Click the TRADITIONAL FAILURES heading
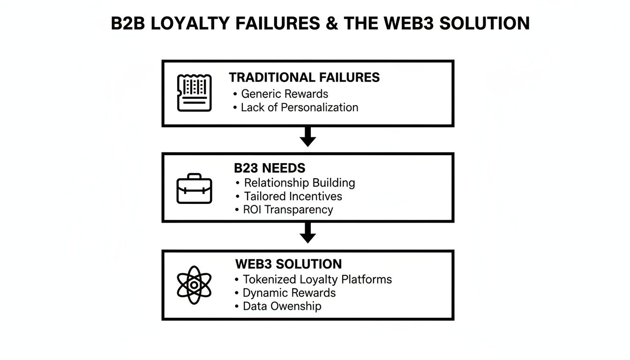304,77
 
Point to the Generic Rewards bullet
284,94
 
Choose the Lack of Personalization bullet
299,107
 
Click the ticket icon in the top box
194,93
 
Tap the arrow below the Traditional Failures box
307,136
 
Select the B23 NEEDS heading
270,168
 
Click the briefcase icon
194,188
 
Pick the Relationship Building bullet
299,183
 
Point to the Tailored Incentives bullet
293,196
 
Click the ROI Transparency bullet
288,210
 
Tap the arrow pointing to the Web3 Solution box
307,233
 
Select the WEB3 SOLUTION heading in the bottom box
288,264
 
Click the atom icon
194,285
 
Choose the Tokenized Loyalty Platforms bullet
317,279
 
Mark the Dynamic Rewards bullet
289,293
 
